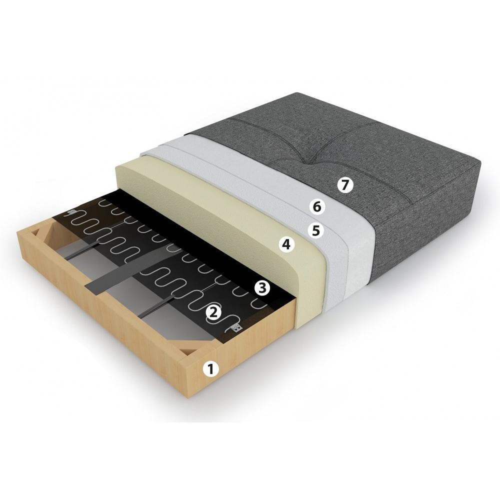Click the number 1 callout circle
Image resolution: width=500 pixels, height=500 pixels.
click(x=210, y=369)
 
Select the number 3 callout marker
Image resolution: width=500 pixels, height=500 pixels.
click(x=262, y=288)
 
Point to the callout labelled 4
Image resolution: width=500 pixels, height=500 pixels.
click(x=286, y=244)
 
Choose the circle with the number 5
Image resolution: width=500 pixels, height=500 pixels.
click(x=315, y=230)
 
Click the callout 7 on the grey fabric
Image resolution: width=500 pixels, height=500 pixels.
click(x=345, y=185)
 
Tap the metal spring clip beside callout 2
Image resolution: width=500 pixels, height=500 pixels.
click(x=236, y=327)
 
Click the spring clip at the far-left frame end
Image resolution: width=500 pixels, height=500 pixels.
click(x=71, y=212)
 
